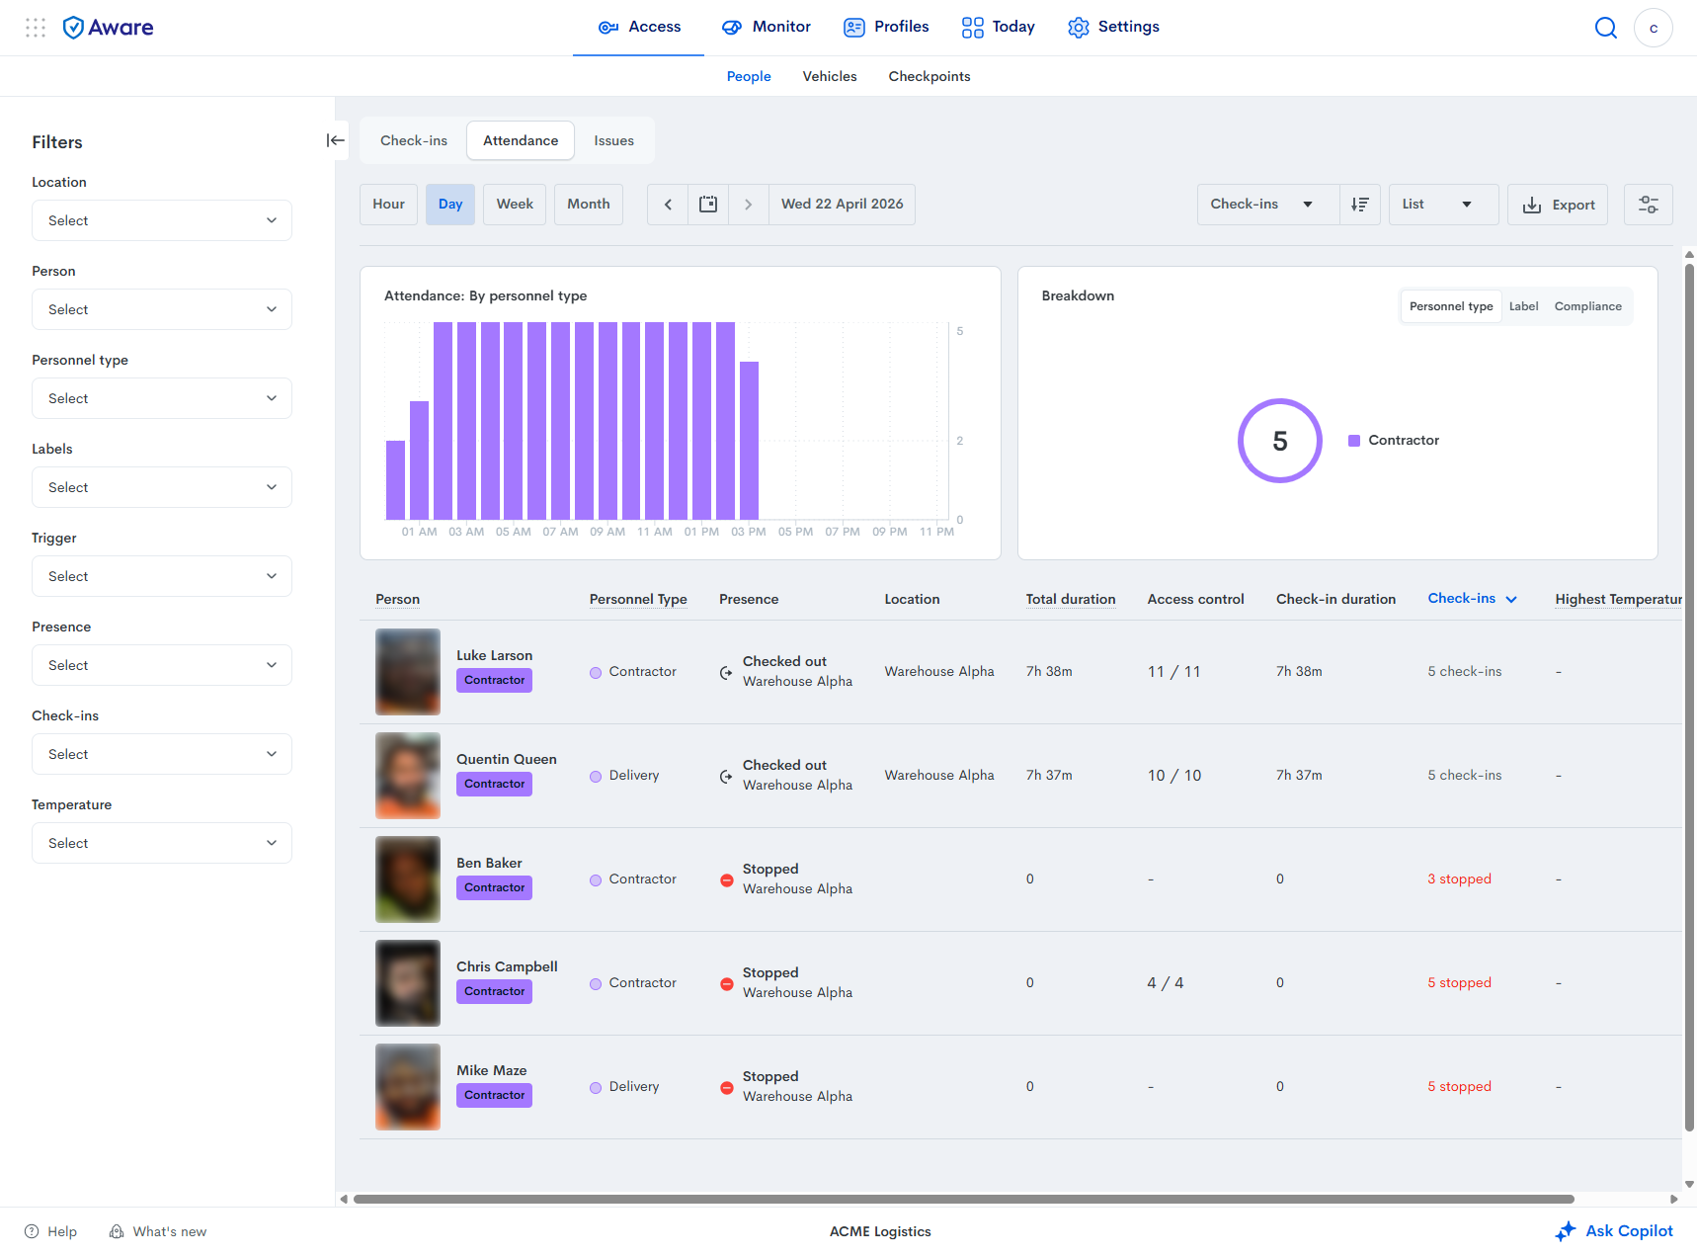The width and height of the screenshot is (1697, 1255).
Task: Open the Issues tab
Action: (x=613, y=140)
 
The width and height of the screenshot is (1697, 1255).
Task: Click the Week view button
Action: (x=515, y=205)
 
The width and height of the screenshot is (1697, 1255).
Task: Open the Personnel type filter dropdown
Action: (x=162, y=398)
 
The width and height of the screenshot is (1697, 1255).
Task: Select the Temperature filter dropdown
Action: (x=162, y=843)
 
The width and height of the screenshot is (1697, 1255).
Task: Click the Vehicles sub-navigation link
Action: (x=830, y=76)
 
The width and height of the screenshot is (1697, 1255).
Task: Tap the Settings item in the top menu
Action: (x=1113, y=27)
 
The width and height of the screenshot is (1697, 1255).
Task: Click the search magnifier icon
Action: (x=1606, y=28)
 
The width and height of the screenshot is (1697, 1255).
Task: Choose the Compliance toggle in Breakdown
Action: (x=1587, y=306)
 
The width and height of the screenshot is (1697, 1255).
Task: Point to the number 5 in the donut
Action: (x=1280, y=441)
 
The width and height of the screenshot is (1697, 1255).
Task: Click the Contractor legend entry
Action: (x=1394, y=441)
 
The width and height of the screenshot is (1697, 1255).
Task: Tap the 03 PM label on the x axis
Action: (x=749, y=532)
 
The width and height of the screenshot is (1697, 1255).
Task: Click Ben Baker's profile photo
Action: (x=408, y=879)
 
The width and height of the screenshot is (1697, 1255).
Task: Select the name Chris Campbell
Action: (x=507, y=966)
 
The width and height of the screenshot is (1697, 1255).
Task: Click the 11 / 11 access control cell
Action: (x=1174, y=672)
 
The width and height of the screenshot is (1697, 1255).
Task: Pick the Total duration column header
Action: (x=1071, y=599)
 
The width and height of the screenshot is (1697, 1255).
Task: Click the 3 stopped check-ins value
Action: (x=1459, y=879)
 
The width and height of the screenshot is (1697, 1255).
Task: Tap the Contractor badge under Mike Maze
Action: (x=494, y=1095)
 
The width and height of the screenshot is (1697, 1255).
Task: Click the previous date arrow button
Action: (x=668, y=205)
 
